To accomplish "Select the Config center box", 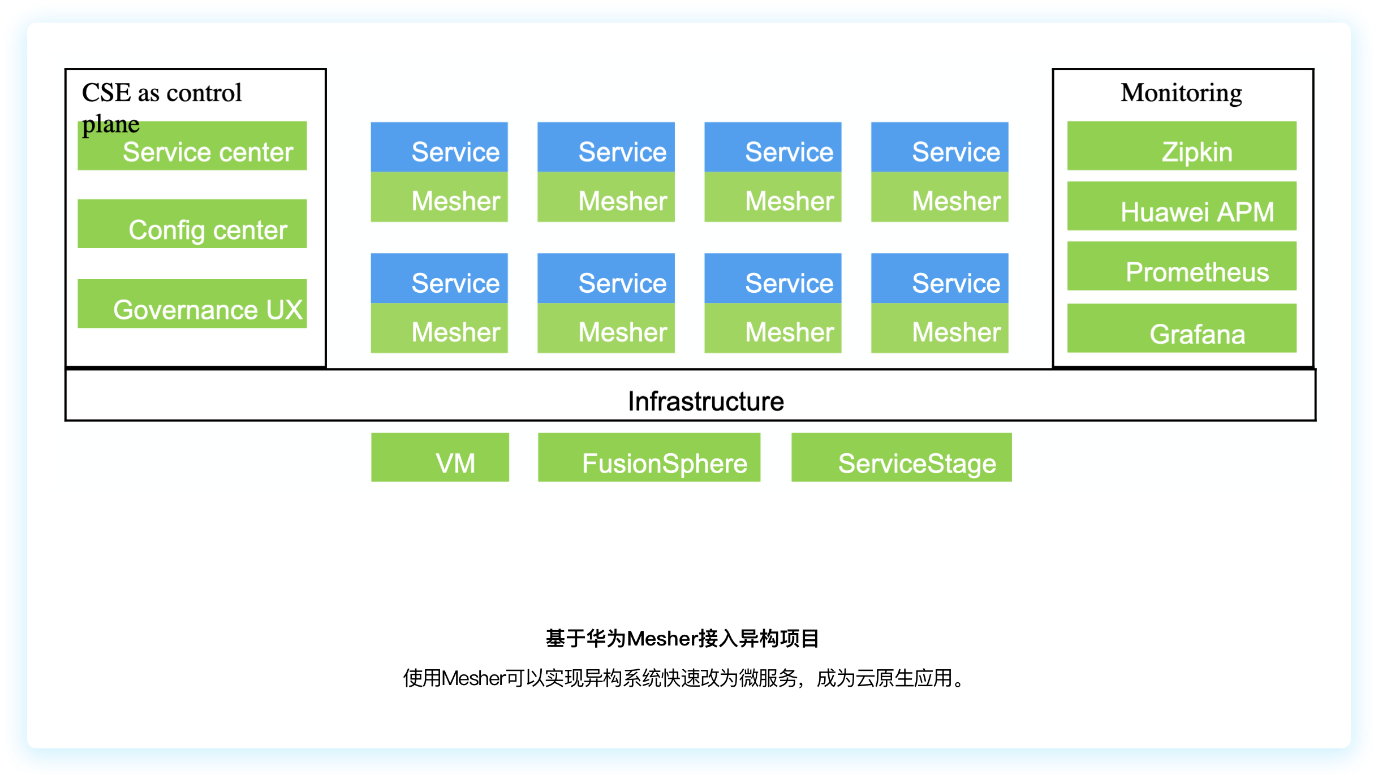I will point(192,224).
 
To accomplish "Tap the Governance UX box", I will point(192,304).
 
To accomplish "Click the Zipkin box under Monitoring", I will point(1182,146).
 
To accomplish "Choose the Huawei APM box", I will point(1182,206).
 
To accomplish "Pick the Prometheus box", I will point(1182,266).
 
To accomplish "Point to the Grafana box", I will point(1182,328).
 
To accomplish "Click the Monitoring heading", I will point(1181,93).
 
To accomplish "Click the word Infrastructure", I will point(705,401).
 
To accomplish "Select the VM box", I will point(440,458).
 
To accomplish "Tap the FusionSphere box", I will point(649,458).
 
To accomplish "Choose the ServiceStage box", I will point(901,458).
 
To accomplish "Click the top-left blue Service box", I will point(440,148).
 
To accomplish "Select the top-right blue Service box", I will point(940,148).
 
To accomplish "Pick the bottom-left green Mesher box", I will point(440,328).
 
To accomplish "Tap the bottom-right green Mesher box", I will point(940,328).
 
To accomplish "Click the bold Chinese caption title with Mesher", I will point(682,639).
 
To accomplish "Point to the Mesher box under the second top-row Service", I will point(606,197).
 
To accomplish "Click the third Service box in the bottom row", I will point(773,279).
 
